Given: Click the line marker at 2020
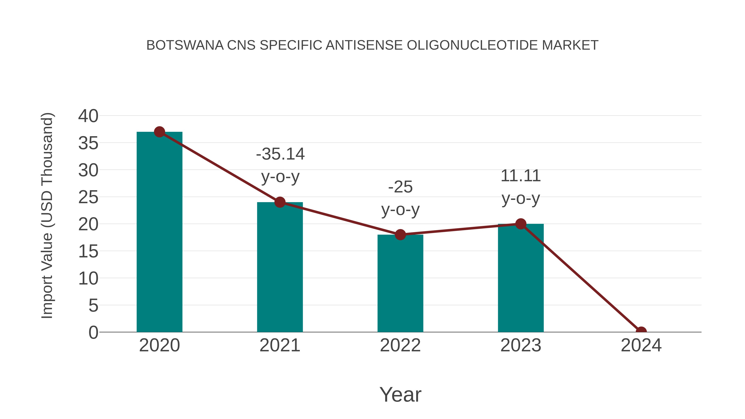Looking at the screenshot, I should click(x=159, y=132).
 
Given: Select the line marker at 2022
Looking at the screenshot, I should click(x=400, y=234).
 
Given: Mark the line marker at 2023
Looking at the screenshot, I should click(x=521, y=224).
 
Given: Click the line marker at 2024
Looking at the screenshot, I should click(x=641, y=331).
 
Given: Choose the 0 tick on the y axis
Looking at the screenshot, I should click(x=93, y=332).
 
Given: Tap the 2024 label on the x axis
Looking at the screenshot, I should click(x=641, y=345).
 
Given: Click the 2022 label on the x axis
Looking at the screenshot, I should click(x=400, y=345).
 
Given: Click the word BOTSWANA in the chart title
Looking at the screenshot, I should click(x=185, y=45).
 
